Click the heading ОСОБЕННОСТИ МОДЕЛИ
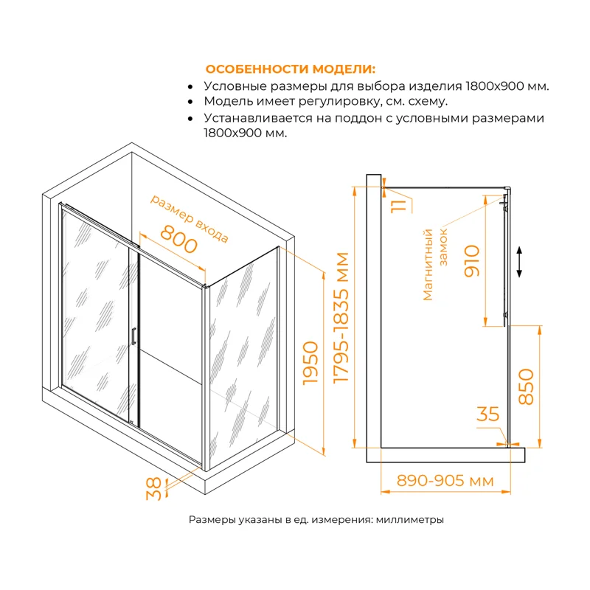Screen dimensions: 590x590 pos(290,69)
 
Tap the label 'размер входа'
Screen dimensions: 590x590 pos(190,218)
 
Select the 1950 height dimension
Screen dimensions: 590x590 pos(310,364)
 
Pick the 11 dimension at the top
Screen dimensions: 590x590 pos(399,200)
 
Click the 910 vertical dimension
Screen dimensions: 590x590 pos(472,260)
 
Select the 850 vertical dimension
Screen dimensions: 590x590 pos(526,385)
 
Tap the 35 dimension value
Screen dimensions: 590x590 pos(488,414)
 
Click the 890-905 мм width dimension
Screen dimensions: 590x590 pos(445,481)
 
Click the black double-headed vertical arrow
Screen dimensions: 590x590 pos(520,262)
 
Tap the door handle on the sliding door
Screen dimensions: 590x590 pos(133,336)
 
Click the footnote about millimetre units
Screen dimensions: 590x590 pos(316,520)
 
